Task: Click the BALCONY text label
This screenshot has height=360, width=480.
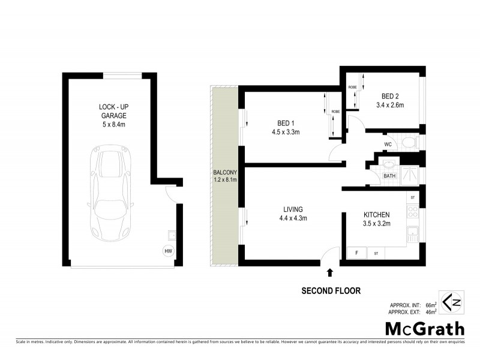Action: pyautogui.click(x=225, y=172)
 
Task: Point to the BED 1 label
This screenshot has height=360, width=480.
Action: pyautogui.click(x=286, y=122)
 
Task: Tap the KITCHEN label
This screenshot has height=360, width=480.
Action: pyautogui.click(x=377, y=215)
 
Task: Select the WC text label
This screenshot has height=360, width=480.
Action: pyautogui.click(x=388, y=144)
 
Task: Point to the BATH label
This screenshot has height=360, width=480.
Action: pyautogui.click(x=390, y=176)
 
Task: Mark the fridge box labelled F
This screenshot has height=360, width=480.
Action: pyautogui.click(x=356, y=253)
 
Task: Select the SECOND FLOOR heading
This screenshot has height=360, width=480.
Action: pyautogui.click(x=331, y=291)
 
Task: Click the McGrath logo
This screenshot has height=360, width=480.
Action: pyautogui.click(x=424, y=329)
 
